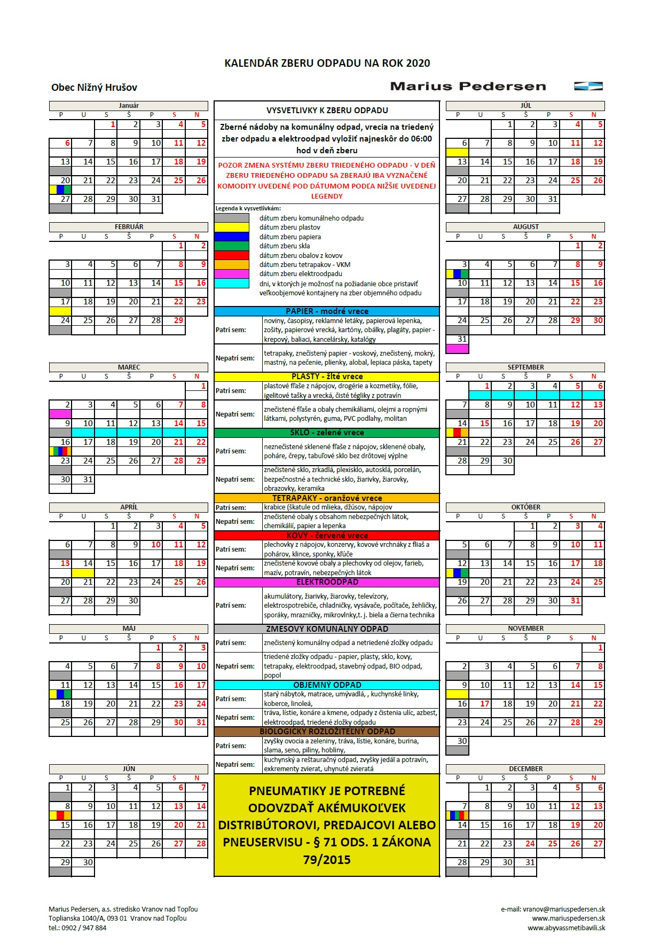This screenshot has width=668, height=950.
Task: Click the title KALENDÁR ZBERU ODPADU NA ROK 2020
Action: pos(327,63)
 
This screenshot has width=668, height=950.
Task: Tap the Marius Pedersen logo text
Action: pos(468,87)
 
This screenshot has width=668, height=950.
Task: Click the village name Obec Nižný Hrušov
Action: pos(94,88)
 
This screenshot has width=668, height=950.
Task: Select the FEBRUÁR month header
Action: pos(129,227)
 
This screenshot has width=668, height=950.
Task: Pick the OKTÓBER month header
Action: pos(525,507)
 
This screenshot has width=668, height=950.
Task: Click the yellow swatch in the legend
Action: pos(231,227)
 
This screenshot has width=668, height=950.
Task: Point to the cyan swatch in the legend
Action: pos(231,284)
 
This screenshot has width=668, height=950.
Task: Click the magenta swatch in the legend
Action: pos(231,274)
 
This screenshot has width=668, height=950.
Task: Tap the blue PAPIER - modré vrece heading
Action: pos(327,311)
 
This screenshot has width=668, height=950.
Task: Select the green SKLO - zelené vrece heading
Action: pos(327,433)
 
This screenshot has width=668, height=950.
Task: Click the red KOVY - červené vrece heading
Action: pos(327,536)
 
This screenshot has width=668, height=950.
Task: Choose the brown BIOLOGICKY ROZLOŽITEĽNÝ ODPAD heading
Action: pos(327,732)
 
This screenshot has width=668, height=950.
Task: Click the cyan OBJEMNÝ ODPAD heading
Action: pos(327,685)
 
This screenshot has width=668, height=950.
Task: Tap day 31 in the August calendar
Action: pos(462,339)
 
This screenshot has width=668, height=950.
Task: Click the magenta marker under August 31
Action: pos(457,349)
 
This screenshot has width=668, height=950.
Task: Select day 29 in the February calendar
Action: pos(178,320)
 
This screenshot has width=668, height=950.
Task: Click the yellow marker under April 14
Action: pos(83,573)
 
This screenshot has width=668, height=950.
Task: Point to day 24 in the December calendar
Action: pos(530,844)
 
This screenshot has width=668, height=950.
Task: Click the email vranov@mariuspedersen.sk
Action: pos(553,909)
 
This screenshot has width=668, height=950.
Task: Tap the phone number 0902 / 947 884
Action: pos(84,928)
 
